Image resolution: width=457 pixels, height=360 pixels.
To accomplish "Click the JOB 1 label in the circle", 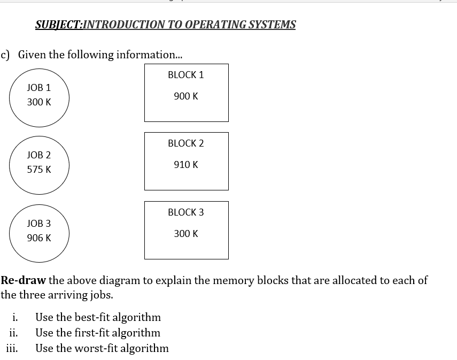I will (x=39, y=87).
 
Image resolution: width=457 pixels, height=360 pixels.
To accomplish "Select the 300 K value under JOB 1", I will (x=39, y=102).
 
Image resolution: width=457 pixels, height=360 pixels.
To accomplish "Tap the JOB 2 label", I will (x=39, y=155).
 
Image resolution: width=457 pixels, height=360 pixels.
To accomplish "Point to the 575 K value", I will (x=39, y=170).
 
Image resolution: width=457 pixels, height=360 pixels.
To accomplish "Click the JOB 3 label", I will (x=39, y=224).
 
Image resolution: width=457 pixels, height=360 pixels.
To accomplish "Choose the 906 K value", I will (x=39, y=238).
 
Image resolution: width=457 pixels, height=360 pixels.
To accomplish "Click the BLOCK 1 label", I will (x=185, y=75).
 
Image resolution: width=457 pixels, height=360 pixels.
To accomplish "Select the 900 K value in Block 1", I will (x=185, y=96).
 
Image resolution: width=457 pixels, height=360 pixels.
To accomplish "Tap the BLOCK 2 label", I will (x=185, y=143).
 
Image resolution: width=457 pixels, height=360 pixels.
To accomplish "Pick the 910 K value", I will (x=185, y=165).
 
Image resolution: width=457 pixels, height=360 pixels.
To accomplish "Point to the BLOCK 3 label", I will (x=185, y=212).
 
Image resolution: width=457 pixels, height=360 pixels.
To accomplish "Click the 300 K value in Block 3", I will (x=185, y=234).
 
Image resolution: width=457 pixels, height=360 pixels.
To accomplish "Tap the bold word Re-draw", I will (x=23, y=280).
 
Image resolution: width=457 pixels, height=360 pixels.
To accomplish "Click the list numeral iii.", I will (x=12, y=348).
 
